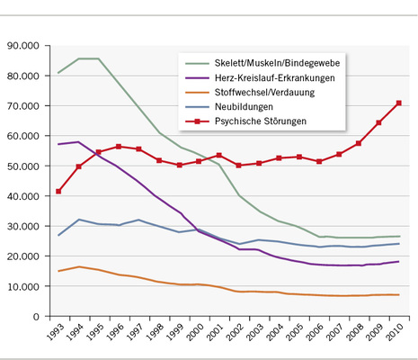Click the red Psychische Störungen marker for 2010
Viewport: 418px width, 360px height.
click(x=399, y=103)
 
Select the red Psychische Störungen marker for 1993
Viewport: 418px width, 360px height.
click(x=58, y=191)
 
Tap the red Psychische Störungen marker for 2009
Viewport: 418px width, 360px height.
click(x=378, y=122)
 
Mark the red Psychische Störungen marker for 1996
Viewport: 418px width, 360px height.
click(x=119, y=146)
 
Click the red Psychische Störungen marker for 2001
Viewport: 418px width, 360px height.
click(x=218, y=156)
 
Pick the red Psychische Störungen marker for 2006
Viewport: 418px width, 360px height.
click(x=319, y=161)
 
